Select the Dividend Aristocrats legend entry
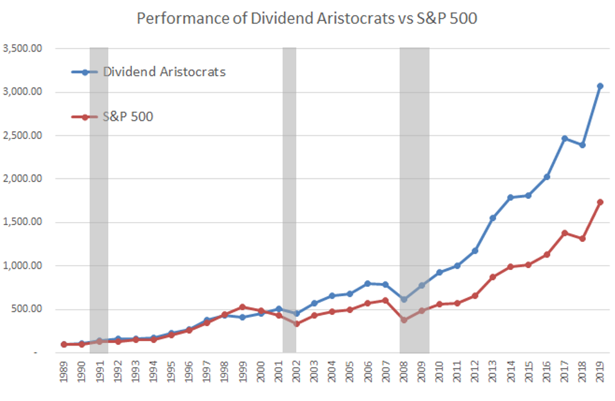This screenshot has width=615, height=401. pyautogui.click(x=164, y=72)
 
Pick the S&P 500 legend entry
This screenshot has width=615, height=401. pyautogui.click(x=128, y=116)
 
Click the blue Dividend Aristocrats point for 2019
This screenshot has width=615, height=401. pyautogui.click(x=600, y=86)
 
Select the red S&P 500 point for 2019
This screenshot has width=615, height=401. pyautogui.click(x=600, y=202)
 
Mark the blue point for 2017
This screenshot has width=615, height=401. pyautogui.click(x=565, y=138)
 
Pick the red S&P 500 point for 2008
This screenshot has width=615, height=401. pyautogui.click(x=404, y=320)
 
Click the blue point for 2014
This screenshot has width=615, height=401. pyautogui.click(x=510, y=198)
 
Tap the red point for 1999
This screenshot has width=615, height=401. pyautogui.click(x=243, y=307)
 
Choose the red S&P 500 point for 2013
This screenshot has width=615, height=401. pyautogui.click(x=492, y=277)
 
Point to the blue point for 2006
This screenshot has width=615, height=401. pyautogui.click(x=368, y=283)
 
